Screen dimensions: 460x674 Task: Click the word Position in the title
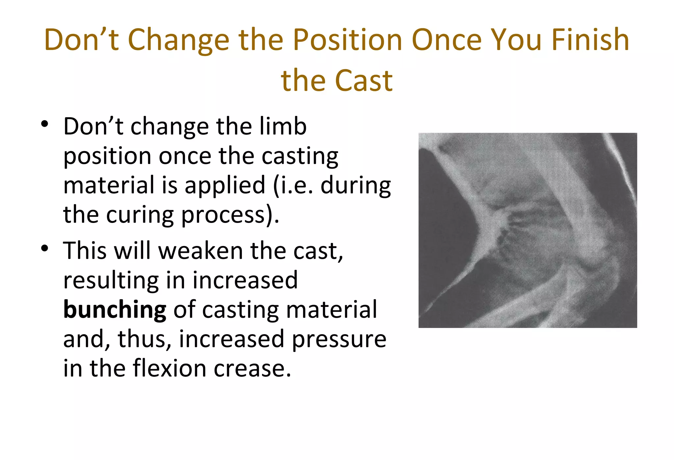coord(348,40)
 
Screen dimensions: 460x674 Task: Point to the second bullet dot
coord(45,248)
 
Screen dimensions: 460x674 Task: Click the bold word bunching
coord(115,310)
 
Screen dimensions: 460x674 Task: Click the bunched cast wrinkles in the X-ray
coord(513,230)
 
